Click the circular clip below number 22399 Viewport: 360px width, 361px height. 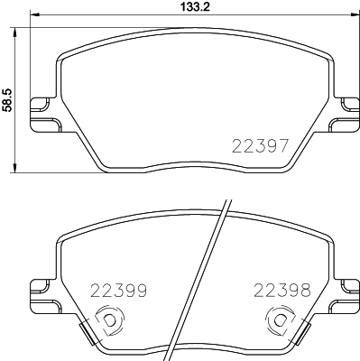108,319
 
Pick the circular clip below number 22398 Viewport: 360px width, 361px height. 278,319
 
